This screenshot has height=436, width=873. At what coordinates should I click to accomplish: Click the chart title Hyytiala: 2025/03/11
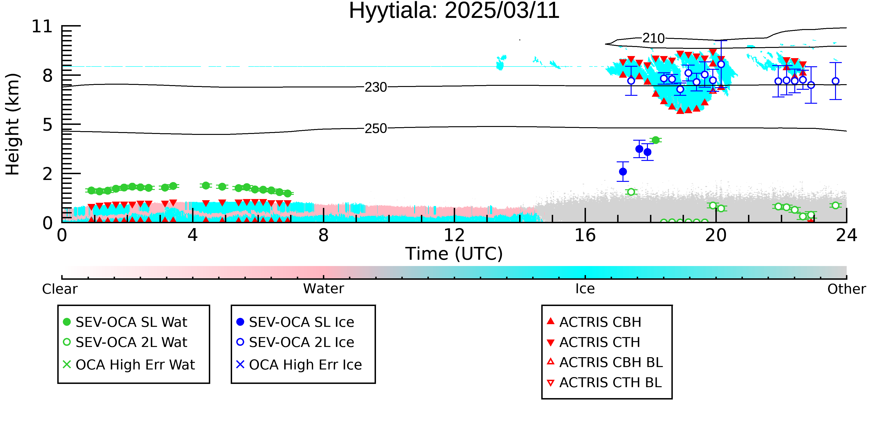click(454, 11)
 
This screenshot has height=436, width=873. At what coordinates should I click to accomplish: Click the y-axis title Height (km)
click(13, 124)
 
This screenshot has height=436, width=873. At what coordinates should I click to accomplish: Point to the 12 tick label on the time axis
click(454, 235)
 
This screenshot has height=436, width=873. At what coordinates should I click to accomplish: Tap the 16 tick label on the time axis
click(585, 235)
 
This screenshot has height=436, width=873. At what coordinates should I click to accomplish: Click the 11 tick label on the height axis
click(42, 27)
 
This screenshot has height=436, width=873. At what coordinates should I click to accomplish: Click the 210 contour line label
click(653, 38)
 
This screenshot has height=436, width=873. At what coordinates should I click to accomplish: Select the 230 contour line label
click(376, 87)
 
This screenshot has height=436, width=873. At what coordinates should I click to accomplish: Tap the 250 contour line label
click(376, 129)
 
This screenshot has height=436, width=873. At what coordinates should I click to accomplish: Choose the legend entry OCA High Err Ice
click(299, 365)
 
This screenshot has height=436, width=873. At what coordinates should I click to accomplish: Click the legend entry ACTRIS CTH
click(593, 342)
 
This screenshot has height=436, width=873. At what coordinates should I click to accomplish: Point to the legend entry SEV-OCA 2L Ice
click(295, 342)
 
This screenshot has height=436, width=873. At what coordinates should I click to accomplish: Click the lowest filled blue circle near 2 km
click(623, 172)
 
